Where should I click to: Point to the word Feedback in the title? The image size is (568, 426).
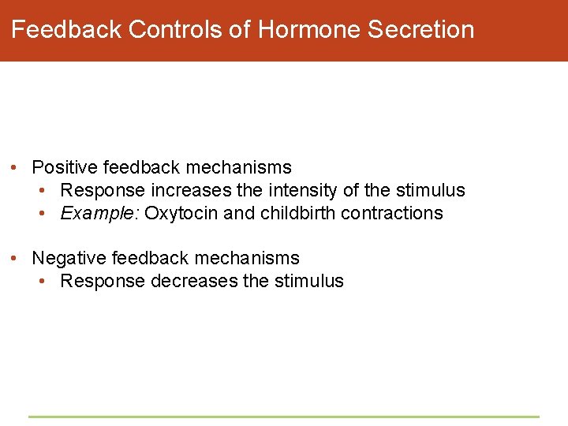pos(66,30)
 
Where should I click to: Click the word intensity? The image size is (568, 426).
pos(300,190)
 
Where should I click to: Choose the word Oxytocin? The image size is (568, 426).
pos(176,213)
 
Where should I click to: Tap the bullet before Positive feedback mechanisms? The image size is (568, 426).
pos(16,168)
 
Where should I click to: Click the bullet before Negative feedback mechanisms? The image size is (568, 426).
pos(16,259)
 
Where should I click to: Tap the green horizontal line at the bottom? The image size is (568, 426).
pos(284,417)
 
